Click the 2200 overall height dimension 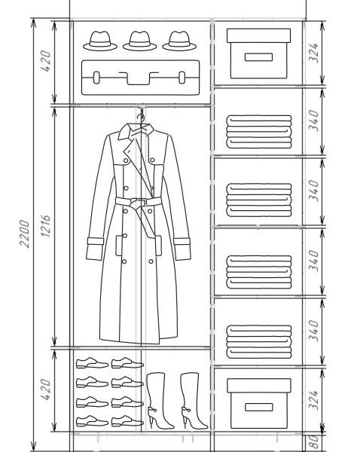click(25, 234)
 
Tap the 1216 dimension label click(45, 226)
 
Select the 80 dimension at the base click(315, 442)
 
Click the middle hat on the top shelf click(140, 41)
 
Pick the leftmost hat click(100, 41)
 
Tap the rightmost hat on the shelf click(179, 41)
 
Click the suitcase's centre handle click(139, 78)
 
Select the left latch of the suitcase click(96, 78)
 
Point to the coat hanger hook click(141, 118)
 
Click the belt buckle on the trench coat click(138, 202)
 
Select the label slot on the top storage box click(258, 57)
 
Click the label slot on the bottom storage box click(259, 407)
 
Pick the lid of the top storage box click(258, 35)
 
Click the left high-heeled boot click(160, 401)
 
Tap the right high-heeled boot click(194, 401)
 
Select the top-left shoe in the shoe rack click(92, 363)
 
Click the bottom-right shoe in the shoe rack click(127, 421)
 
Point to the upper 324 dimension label click(314, 53)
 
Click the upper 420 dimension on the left click(45, 61)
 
